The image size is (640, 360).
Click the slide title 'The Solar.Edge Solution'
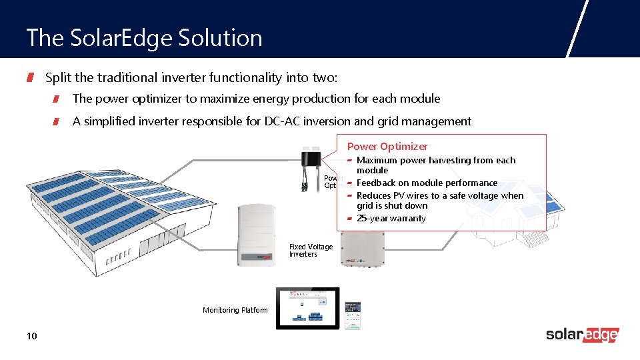[144, 38]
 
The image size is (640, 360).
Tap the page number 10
[32, 336]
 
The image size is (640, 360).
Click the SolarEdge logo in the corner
[582, 335]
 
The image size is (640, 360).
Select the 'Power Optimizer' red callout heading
[387, 147]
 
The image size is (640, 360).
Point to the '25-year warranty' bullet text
[391, 219]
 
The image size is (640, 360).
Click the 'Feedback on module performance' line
[427, 183]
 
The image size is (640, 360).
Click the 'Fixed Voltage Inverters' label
[311, 251]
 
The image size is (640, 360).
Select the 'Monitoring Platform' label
[235, 310]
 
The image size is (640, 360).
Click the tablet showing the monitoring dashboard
[307, 309]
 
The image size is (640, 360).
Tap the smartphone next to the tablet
[352, 315]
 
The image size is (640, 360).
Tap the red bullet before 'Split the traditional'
[31, 79]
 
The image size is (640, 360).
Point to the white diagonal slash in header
[577, 29]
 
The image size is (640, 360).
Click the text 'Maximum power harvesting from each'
[436, 161]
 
